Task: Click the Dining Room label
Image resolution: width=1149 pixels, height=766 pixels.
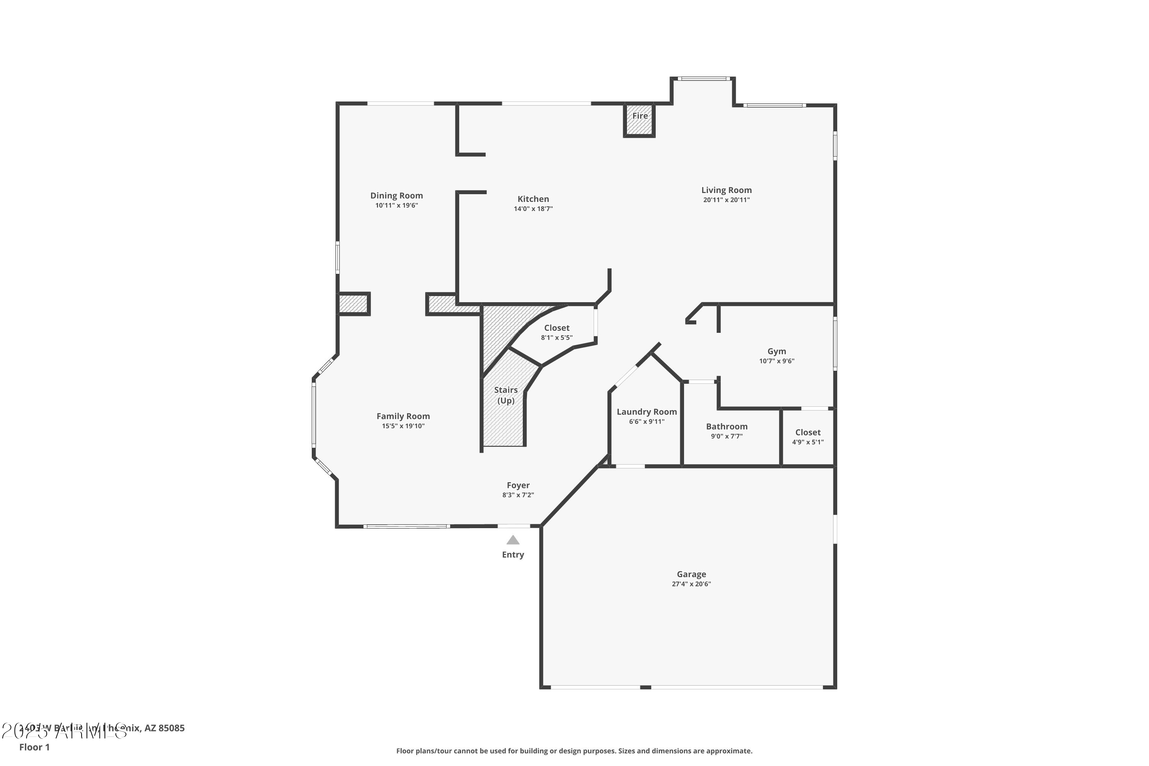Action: point(396,196)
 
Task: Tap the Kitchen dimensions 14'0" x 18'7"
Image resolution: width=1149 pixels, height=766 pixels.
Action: point(533,209)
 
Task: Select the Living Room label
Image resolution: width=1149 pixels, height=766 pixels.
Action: point(727,190)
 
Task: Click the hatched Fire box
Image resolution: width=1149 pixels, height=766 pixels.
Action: point(639,120)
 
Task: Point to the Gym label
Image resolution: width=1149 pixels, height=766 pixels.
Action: point(777,351)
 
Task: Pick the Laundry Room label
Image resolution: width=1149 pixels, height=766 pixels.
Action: point(647,412)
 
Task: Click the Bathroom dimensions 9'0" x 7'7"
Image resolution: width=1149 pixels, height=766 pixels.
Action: point(727,436)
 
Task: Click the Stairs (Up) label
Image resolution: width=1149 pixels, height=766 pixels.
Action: point(506,395)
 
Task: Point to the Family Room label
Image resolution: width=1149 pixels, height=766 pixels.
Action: point(403,416)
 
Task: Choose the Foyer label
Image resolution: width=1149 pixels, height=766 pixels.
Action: point(518,485)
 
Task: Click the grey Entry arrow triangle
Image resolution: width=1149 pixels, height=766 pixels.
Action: point(512,540)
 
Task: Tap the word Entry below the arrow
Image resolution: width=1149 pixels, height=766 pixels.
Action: point(513,555)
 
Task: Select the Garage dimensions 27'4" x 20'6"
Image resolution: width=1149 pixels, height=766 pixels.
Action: point(691,584)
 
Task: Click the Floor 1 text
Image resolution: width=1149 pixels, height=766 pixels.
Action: point(34,747)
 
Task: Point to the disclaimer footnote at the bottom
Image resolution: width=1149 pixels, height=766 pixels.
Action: point(574,751)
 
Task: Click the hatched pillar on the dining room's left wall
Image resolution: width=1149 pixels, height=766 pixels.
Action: point(354,304)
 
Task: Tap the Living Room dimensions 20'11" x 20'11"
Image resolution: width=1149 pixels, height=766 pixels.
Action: point(727,200)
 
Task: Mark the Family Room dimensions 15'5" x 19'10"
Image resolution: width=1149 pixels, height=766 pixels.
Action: point(403,426)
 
